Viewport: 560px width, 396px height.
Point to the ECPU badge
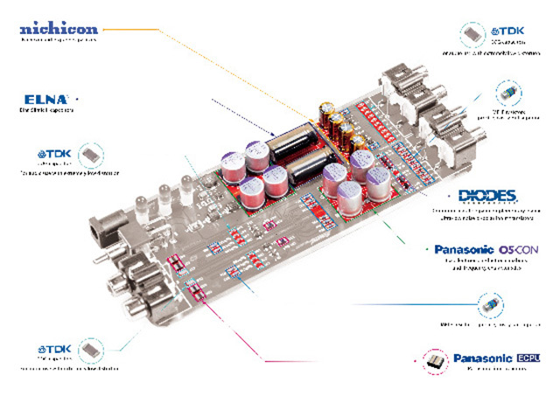coord(530,358)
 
